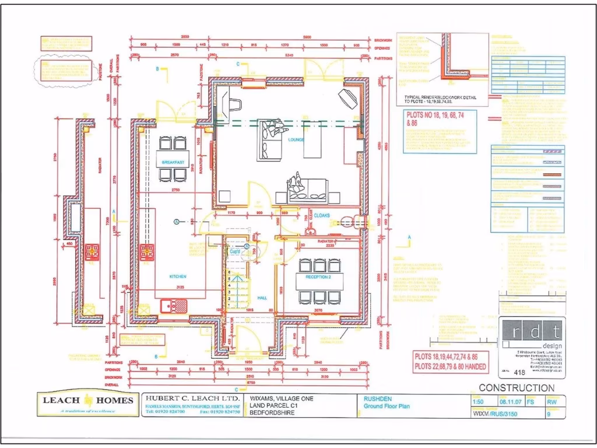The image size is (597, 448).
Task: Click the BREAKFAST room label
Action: click(173, 162)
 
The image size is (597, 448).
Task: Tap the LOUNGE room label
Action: click(296, 139)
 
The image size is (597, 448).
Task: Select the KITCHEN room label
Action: click(177, 277)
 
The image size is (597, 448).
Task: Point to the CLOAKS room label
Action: click(322, 215)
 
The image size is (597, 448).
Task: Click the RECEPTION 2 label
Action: click(318, 277)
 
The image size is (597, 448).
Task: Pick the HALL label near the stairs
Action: click(262, 297)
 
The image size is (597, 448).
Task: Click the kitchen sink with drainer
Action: click(174, 304)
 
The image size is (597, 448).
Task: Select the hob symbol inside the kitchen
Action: click(146, 253)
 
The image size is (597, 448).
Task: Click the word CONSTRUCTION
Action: click(517, 388)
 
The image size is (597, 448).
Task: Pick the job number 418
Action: click(518, 371)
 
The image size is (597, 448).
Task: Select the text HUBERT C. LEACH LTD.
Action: click(192, 400)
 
